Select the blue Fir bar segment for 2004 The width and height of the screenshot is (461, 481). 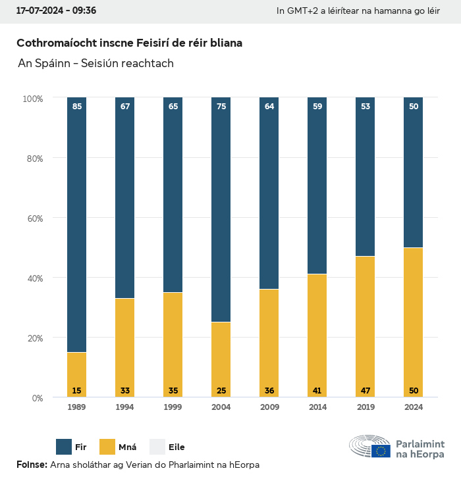[x=221, y=211]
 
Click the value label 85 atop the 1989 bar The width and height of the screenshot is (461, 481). [x=77, y=106]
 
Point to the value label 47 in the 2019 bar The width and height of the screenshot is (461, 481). [x=365, y=391]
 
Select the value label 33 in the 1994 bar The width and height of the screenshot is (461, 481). [x=125, y=391]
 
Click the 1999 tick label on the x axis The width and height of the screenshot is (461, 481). [x=173, y=407]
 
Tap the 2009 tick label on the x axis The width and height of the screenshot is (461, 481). [x=269, y=407]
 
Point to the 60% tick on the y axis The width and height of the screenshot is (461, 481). [x=33, y=218]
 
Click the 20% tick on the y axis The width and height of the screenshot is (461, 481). [x=33, y=338]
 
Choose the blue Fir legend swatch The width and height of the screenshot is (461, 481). [x=64, y=447]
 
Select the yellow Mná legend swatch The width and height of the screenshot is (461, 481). [x=107, y=447]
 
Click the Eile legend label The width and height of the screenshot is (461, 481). [x=176, y=447]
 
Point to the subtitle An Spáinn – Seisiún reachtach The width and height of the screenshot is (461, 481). [x=96, y=63]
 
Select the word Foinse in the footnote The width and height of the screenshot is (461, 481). [x=30, y=465]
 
